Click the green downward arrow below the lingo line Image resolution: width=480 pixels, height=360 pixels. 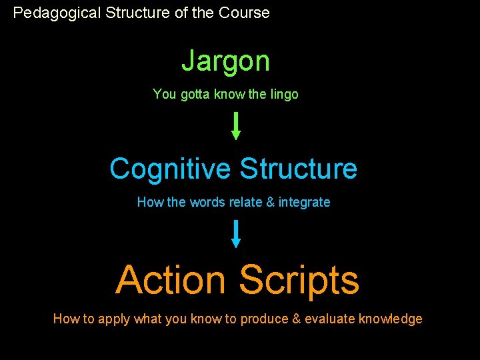tap(235, 125)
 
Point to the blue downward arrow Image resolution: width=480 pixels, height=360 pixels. tap(235, 234)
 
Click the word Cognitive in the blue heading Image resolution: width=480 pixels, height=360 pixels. tap(170, 169)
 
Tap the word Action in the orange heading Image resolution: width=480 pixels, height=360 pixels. tap(171, 280)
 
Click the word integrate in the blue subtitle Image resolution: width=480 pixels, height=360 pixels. tap(304, 202)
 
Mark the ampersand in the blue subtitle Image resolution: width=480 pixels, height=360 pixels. tap(270, 202)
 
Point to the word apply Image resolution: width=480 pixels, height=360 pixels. tap(114, 319)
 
